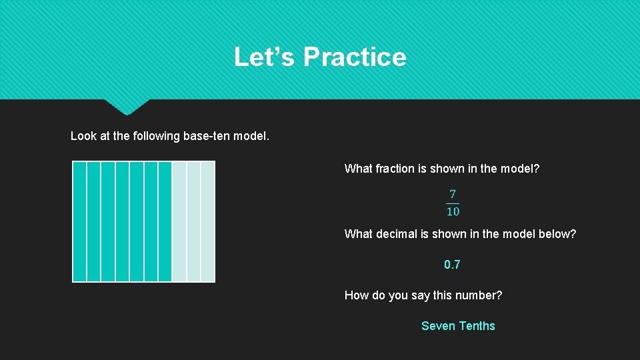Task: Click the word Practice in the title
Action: pyautogui.click(x=354, y=57)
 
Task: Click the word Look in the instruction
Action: pyautogui.click(x=83, y=136)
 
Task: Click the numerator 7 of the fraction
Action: pyautogui.click(x=453, y=195)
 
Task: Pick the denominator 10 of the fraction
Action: pyautogui.click(x=453, y=212)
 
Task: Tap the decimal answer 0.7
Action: pyautogui.click(x=452, y=265)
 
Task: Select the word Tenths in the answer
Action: pyautogui.click(x=477, y=326)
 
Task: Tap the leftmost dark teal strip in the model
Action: pyautogui.click(x=79, y=221)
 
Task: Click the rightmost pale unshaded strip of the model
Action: pyautogui.click(x=208, y=221)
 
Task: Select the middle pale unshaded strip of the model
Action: pyautogui.click(x=193, y=221)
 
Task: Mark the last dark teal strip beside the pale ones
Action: pyautogui.click(x=165, y=221)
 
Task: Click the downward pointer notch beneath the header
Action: pyautogui.click(x=127, y=106)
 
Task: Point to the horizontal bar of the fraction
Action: pyautogui.click(x=453, y=203)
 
